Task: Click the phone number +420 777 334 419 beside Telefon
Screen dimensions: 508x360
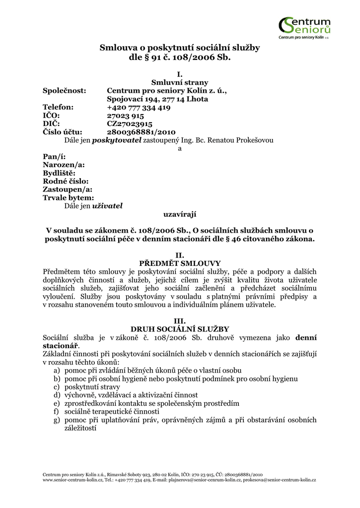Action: click(x=139, y=107)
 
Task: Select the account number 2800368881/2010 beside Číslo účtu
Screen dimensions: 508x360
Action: click(x=142, y=132)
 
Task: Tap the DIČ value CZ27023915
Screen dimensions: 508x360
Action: click(x=130, y=124)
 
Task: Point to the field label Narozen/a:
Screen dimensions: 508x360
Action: click(x=64, y=165)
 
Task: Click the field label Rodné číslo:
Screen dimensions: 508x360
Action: click(x=66, y=181)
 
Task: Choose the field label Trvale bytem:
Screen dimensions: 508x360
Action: click(x=68, y=197)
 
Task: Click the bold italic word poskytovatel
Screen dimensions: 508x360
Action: click(x=121, y=140)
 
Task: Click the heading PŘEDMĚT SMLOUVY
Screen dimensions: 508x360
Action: click(x=180, y=263)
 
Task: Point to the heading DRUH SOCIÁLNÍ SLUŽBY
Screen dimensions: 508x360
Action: click(x=180, y=329)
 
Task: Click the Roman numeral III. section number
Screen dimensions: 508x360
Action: click(x=180, y=321)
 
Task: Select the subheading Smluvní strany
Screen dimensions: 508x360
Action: click(x=180, y=83)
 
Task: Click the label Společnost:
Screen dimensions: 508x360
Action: click(x=65, y=91)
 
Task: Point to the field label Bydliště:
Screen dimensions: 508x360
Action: click(x=59, y=173)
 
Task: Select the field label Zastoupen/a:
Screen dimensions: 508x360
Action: click(x=68, y=189)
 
